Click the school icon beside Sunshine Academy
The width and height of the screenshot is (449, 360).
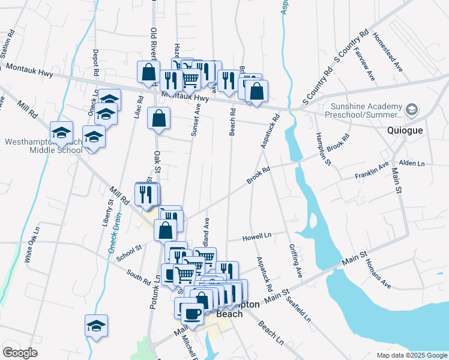click(412, 109)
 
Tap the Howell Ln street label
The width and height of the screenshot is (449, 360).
click(257, 237)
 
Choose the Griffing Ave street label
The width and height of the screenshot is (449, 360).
click(295, 260)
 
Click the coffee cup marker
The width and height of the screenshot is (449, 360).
click(192, 313)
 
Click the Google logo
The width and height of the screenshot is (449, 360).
click(20, 353)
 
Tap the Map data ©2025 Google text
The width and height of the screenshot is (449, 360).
click(411, 355)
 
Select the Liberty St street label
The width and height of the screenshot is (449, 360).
click(110, 211)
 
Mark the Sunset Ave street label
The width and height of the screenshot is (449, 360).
click(196, 120)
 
